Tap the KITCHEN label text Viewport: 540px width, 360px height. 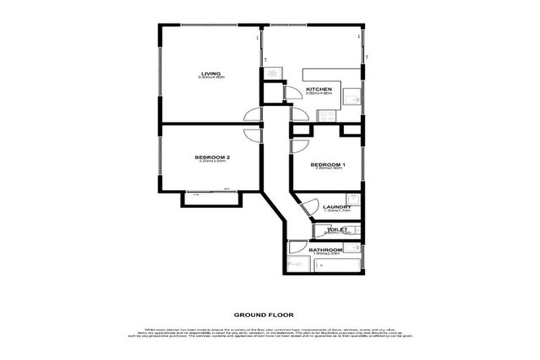[x=319, y=89]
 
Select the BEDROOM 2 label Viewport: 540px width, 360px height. [x=211, y=157]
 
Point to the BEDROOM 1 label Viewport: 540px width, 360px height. [x=326, y=163]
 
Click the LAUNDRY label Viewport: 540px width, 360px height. [x=332, y=207]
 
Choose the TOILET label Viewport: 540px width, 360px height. [x=337, y=229]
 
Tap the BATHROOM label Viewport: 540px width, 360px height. [x=326, y=250]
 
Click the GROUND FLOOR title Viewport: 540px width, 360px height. [x=264, y=315]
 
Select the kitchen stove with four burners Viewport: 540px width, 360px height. [x=271, y=73]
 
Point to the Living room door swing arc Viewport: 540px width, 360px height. [x=253, y=115]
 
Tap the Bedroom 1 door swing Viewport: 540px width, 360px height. [x=298, y=146]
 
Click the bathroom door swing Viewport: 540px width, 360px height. [x=297, y=247]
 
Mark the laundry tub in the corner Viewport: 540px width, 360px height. [x=353, y=199]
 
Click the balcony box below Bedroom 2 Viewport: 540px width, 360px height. [x=211, y=199]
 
